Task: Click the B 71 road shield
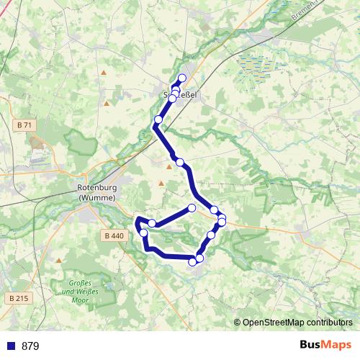(24, 125)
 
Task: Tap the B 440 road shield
(114, 235)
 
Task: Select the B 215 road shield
(19, 297)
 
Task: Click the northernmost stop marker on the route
(182, 78)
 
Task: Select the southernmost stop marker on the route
(192, 262)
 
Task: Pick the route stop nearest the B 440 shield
(143, 233)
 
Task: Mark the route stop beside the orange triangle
(180, 162)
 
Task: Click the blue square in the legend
(10, 346)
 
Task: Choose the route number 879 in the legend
(30, 346)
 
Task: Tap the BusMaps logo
(326, 346)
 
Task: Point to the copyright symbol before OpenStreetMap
(238, 323)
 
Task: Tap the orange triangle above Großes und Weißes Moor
(58, 261)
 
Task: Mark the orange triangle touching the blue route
(169, 166)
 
